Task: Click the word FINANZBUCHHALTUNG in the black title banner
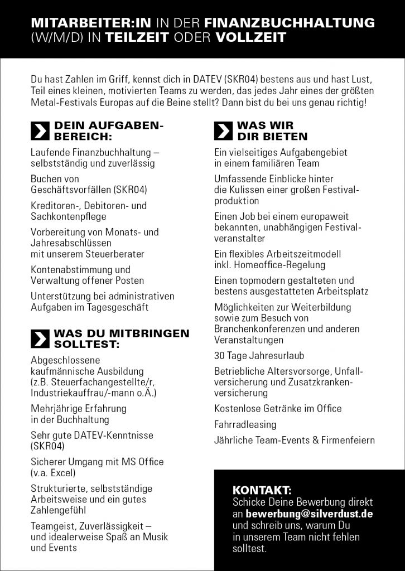[290, 23]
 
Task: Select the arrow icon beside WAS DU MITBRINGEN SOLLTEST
[39, 338]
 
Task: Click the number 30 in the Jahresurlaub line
[219, 355]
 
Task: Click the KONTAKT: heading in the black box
[262, 491]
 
